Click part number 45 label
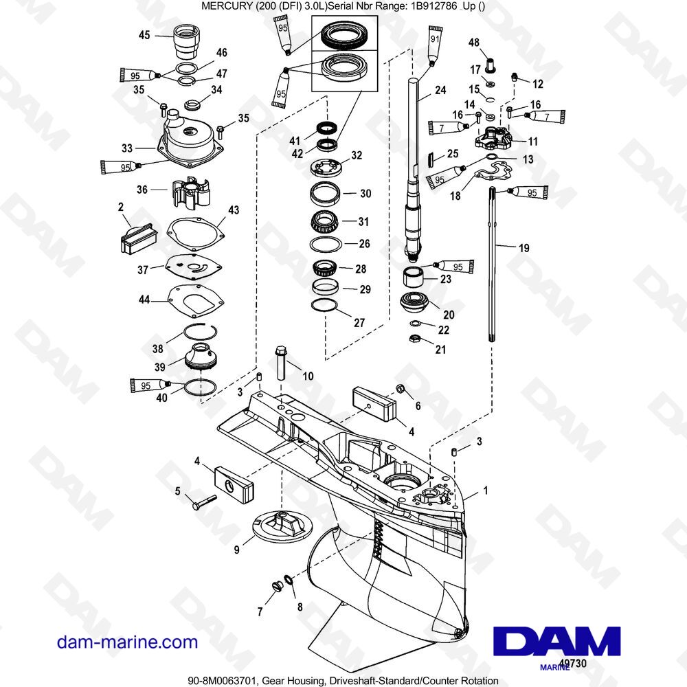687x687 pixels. (144, 35)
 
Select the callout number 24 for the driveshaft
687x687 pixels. (440, 90)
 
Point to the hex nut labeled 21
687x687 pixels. (414, 339)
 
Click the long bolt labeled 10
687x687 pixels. (281, 363)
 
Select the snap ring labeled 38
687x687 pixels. (200, 332)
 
